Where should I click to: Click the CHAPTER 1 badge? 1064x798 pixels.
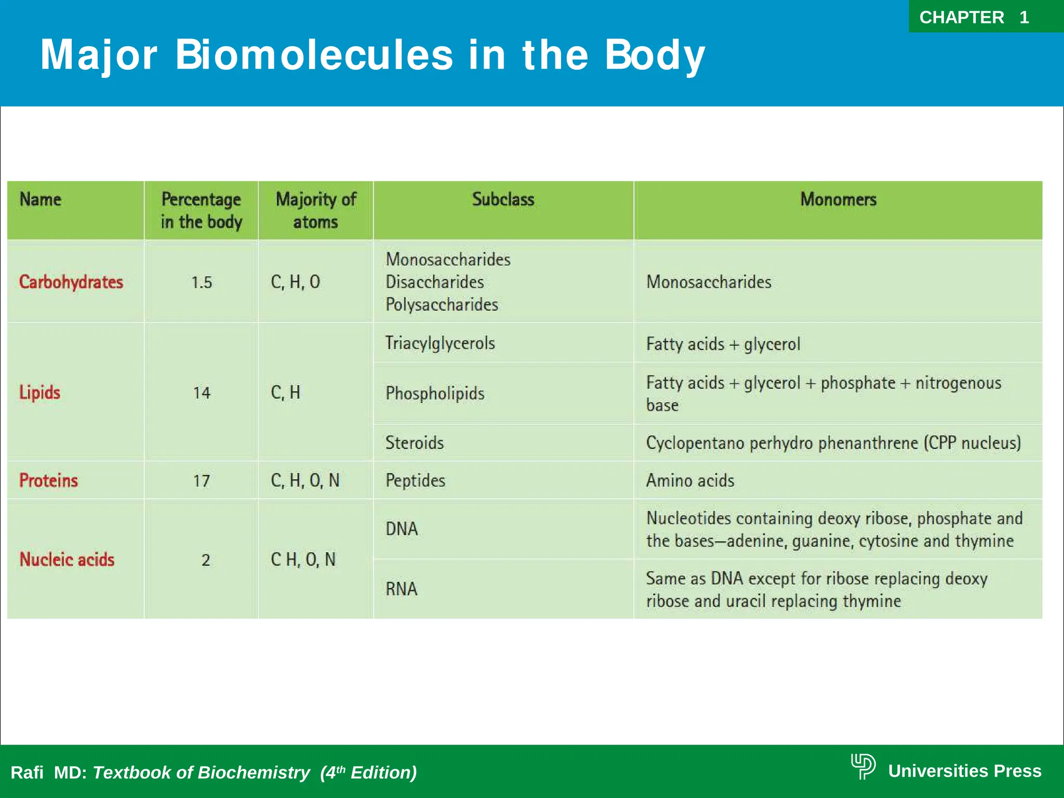(x=974, y=17)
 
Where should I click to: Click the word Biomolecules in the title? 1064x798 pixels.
(x=314, y=55)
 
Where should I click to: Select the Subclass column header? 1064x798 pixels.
(x=503, y=199)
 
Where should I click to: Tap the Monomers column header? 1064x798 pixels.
(x=838, y=199)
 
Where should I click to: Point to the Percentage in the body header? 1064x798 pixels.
(x=201, y=210)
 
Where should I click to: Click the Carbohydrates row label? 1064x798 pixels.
(x=71, y=282)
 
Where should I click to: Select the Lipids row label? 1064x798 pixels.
(x=40, y=392)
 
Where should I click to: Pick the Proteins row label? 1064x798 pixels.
(x=48, y=481)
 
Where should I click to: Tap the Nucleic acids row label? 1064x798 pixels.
(x=67, y=560)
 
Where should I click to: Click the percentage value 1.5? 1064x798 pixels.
(x=202, y=283)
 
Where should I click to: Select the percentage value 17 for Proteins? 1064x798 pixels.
(x=202, y=481)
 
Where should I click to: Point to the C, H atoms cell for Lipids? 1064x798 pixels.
(x=286, y=392)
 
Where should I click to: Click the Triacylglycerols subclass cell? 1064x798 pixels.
(x=440, y=343)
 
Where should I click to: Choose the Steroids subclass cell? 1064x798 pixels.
(x=415, y=443)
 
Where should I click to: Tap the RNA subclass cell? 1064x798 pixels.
(x=401, y=589)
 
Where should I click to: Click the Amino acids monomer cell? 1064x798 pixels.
(x=690, y=481)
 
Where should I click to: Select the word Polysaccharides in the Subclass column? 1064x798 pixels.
(x=442, y=304)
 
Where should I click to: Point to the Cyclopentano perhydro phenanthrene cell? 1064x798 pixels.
(x=833, y=443)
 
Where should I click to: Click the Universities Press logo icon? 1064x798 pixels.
(x=863, y=766)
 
